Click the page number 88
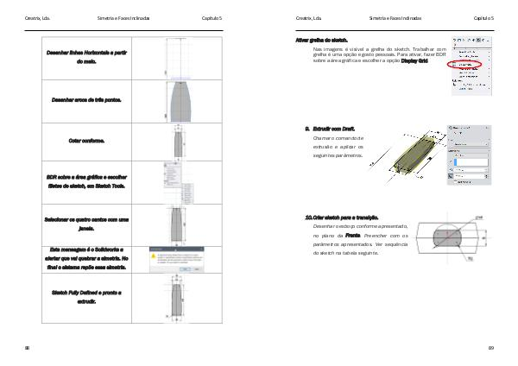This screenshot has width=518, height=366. click(x=28, y=348)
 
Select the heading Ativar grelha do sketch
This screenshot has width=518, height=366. click(x=322, y=40)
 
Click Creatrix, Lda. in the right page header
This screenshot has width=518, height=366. click(x=309, y=18)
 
